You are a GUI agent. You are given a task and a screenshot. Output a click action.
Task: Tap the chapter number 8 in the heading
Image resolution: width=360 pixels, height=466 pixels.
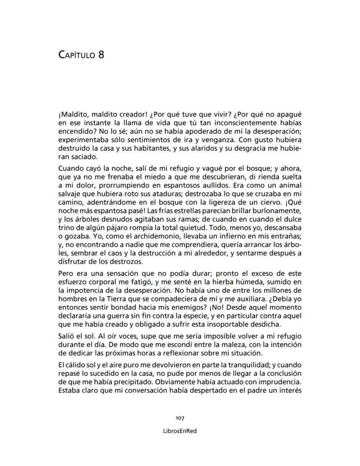click(x=101, y=55)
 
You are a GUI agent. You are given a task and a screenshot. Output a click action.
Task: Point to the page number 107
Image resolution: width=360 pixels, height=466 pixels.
click(x=180, y=418)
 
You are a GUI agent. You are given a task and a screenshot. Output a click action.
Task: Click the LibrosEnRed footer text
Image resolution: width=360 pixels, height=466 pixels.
click(x=180, y=432)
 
